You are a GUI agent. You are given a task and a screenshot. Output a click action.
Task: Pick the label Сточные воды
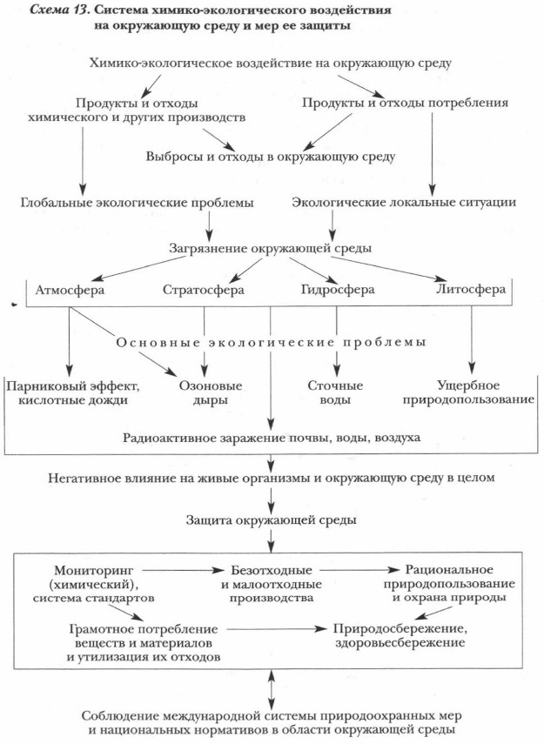(336, 392)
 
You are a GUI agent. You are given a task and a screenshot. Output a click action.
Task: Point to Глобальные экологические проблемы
(137, 203)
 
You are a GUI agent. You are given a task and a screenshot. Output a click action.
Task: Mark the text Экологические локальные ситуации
(404, 203)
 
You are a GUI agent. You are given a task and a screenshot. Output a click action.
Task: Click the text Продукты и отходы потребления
(405, 103)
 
